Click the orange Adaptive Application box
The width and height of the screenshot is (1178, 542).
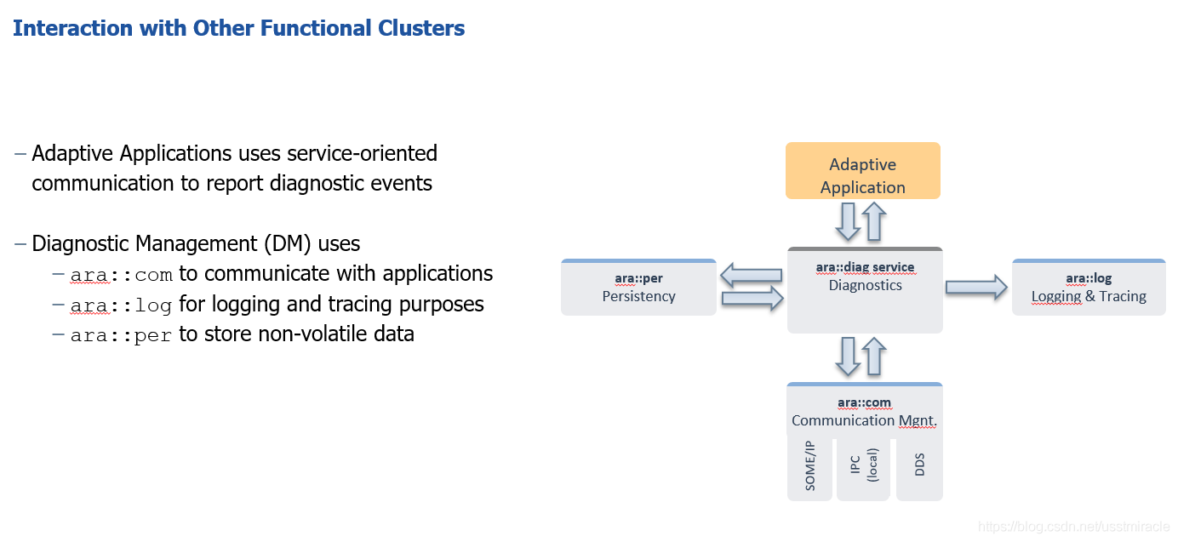coord(862,171)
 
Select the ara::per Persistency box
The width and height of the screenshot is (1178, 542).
coord(638,288)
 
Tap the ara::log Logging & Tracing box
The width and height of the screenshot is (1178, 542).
coord(1089,288)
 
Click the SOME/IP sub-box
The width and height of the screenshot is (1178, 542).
coord(809,469)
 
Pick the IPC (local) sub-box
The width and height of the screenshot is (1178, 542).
coord(863,469)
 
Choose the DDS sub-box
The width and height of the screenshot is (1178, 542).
coord(919,469)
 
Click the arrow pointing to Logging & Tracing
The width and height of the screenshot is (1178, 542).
coord(976,288)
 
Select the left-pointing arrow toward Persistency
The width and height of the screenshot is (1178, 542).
coord(751,275)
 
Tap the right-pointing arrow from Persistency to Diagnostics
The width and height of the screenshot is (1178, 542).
coord(752,298)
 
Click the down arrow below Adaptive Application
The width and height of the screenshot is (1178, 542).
coord(849,221)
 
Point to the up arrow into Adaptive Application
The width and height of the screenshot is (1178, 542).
coord(874,221)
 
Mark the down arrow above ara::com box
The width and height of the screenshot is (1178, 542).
coord(849,357)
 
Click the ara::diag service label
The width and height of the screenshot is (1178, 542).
coord(865,267)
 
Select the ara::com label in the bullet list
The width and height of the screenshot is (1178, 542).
coord(121,275)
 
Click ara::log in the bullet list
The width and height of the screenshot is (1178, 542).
coord(121,305)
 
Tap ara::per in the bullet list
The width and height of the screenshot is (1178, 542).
coord(121,335)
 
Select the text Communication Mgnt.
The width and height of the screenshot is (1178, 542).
coord(864,420)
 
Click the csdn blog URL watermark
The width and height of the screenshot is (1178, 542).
coord(1074,527)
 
